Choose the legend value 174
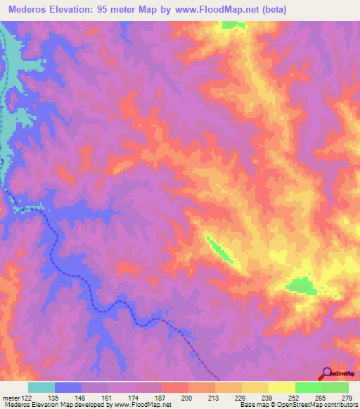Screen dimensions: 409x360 (x=134, y=398)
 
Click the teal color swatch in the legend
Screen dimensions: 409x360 (x=41, y=387)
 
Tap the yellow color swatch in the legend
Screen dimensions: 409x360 (x=282, y=387)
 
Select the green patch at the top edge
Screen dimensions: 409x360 (x=231, y=25)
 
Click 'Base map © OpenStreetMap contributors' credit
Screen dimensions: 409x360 (x=297, y=405)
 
